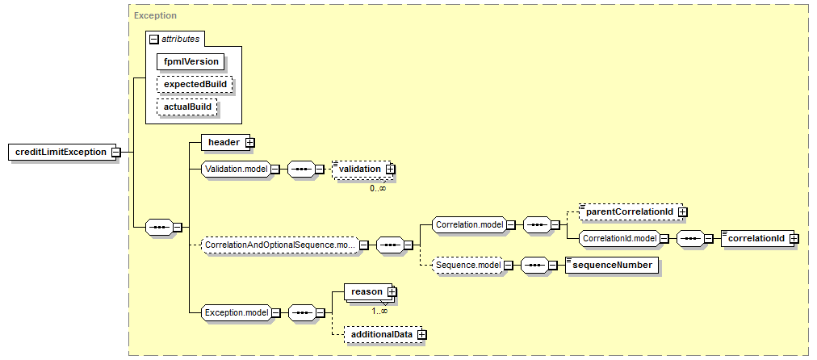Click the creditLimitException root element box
tap(62, 152)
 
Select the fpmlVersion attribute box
tap(191, 61)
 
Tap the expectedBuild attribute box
tap(195, 84)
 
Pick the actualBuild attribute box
tap(187, 107)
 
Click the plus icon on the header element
tap(249, 142)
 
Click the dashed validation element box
tap(362, 170)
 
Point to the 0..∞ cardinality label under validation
tap(378, 188)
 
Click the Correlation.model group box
tap(469, 224)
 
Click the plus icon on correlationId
tap(794, 238)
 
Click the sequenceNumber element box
tap(611, 266)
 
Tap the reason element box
tap(368, 291)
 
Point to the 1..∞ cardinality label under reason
tap(379, 311)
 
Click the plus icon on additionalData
tap(421, 334)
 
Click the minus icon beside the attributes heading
tap(153, 39)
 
